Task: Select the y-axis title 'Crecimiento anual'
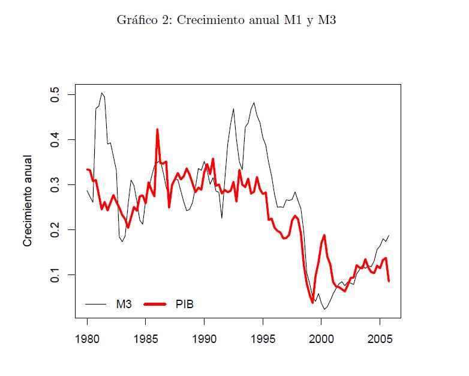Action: pos(28,201)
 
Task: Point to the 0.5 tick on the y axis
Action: pos(56,95)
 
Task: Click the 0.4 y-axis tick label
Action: pos(56,140)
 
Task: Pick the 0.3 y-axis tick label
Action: pos(56,185)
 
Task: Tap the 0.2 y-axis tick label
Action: pos(56,230)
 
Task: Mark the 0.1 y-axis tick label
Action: pos(56,274)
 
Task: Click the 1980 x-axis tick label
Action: pos(88,338)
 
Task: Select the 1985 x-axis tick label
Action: pos(146,338)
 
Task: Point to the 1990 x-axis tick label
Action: pos(205,338)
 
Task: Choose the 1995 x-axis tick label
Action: pos(263,338)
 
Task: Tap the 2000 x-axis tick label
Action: pos(321,338)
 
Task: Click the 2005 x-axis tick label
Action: pos(380,338)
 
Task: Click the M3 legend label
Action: pos(124,305)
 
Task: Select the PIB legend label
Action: pos(185,305)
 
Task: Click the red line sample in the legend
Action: pos(155,305)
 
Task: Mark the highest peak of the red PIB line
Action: pos(157,129)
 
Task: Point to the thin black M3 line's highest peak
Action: pos(102,93)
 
